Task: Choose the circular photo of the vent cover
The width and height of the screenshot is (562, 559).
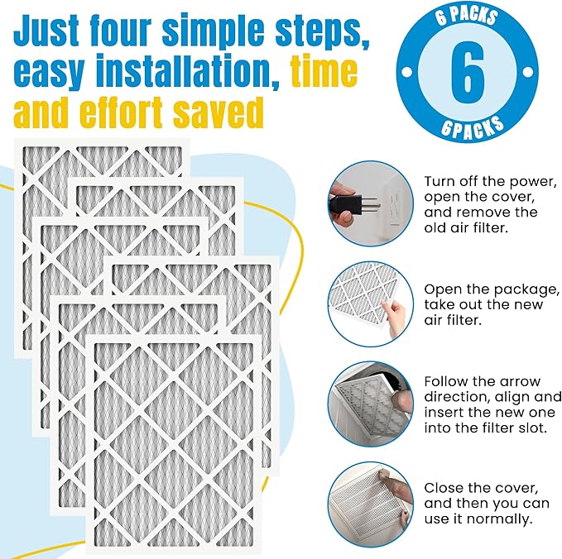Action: coord(370,503)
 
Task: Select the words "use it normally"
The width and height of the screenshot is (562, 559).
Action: coord(478,519)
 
